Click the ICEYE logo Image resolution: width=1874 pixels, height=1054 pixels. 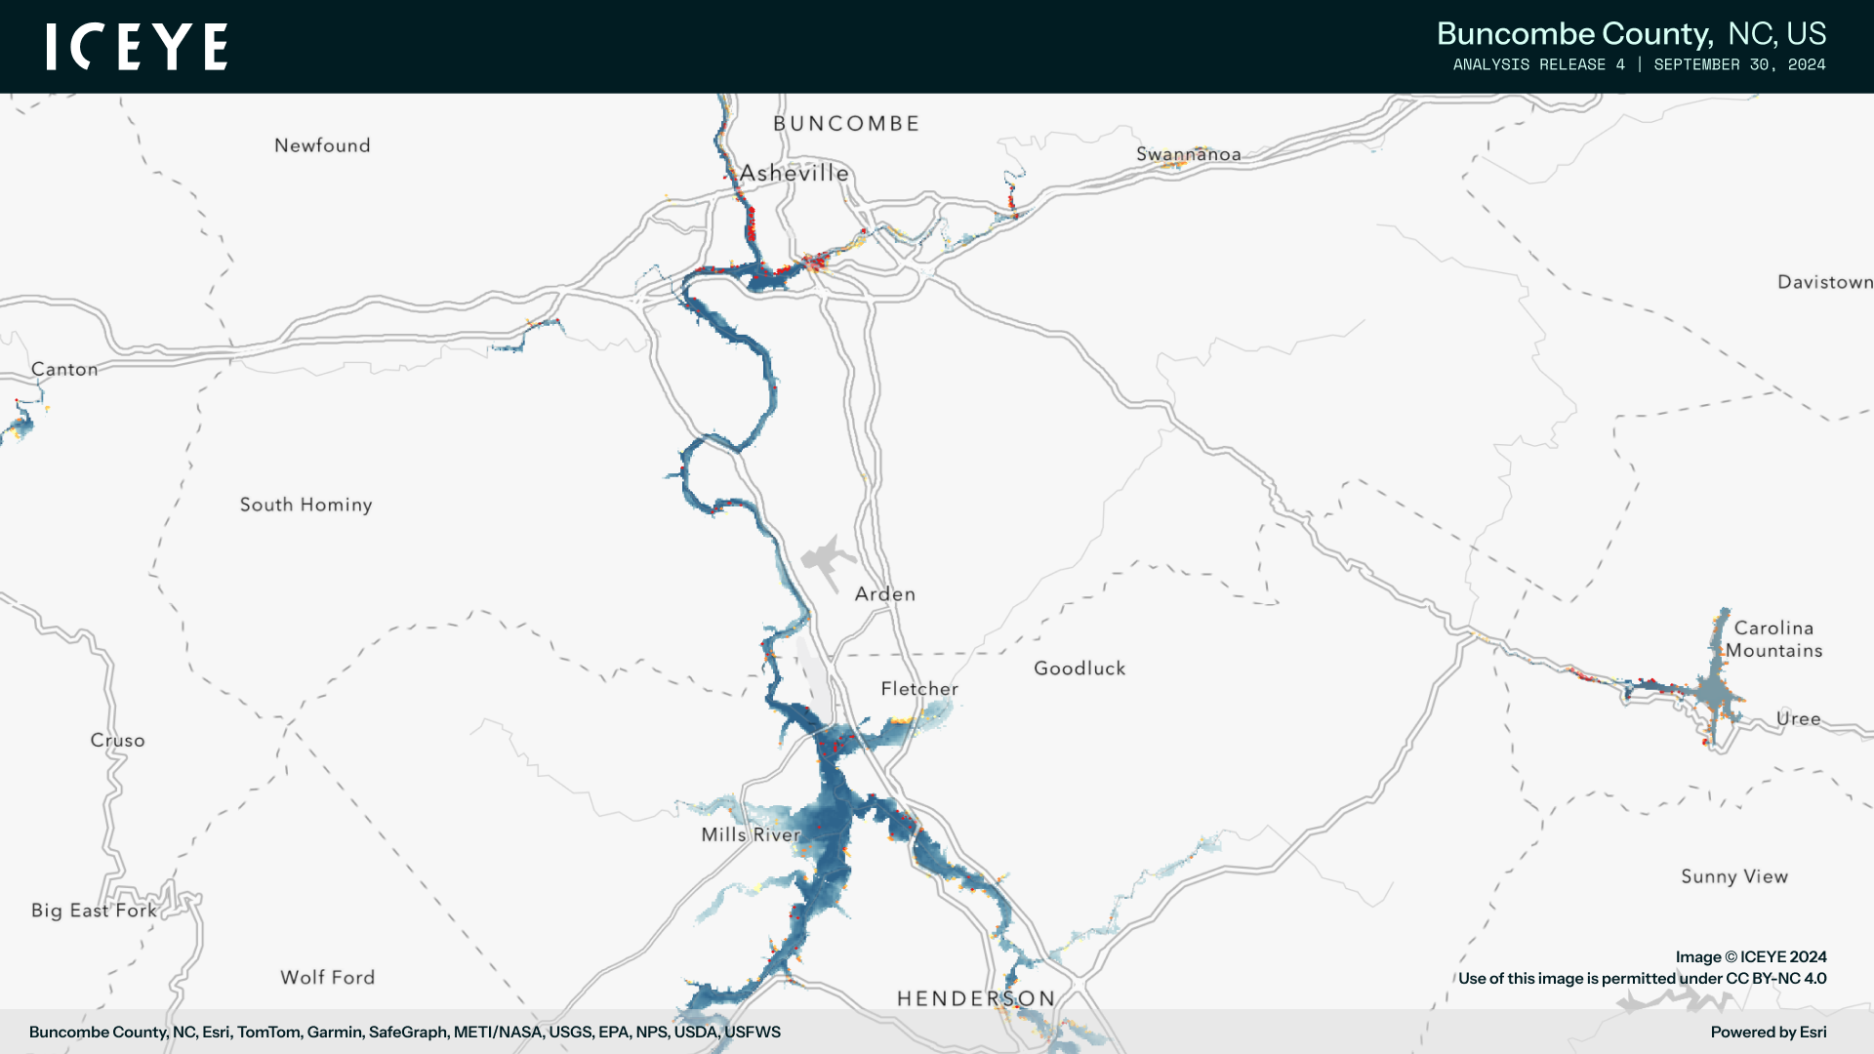(x=137, y=47)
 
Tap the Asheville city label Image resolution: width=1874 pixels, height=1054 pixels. (x=794, y=173)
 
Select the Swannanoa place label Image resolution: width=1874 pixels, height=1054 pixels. (x=1188, y=154)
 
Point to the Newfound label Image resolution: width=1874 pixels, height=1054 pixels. (x=322, y=145)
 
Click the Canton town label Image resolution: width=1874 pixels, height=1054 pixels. (x=64, y=369)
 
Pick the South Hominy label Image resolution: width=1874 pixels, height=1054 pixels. (x=306, y=505)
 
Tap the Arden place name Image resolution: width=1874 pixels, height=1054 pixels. (x=884, y=594)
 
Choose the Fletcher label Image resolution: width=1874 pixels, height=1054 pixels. (x=919, y=689)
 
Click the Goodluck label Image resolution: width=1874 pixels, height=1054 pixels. (x=1080, y=669)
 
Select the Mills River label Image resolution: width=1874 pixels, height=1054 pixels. (x=751, y=834)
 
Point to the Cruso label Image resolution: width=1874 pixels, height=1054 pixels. (x=117, y=741)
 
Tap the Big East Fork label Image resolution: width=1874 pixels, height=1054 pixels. (x=94, y=911)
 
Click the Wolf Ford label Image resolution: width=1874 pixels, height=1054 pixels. (x=327, y=978)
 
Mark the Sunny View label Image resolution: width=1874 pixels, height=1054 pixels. (x=1734, y=876)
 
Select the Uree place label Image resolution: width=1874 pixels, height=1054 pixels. (x=1798, y=719)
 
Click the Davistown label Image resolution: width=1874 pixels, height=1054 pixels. (x=1824, y=282)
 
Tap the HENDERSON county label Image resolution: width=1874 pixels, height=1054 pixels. (x=976, y=998)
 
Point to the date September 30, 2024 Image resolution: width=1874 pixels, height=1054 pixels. (x=1739, y=64)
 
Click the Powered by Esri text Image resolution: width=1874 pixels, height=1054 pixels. (x=1768, y=1033)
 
